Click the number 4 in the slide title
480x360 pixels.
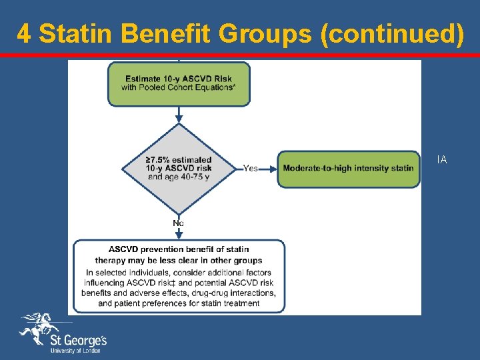[23, 33]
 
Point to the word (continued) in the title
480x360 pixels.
[392, 33]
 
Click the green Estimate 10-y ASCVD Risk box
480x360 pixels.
[179, 84]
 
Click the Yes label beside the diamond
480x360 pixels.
[251, 168]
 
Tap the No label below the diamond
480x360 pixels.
[179, 223]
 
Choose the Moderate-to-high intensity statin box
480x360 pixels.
[348, 168]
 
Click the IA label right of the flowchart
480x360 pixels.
[442, 159]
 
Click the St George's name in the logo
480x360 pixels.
[79, 340]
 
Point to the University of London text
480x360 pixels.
[75, 351]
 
